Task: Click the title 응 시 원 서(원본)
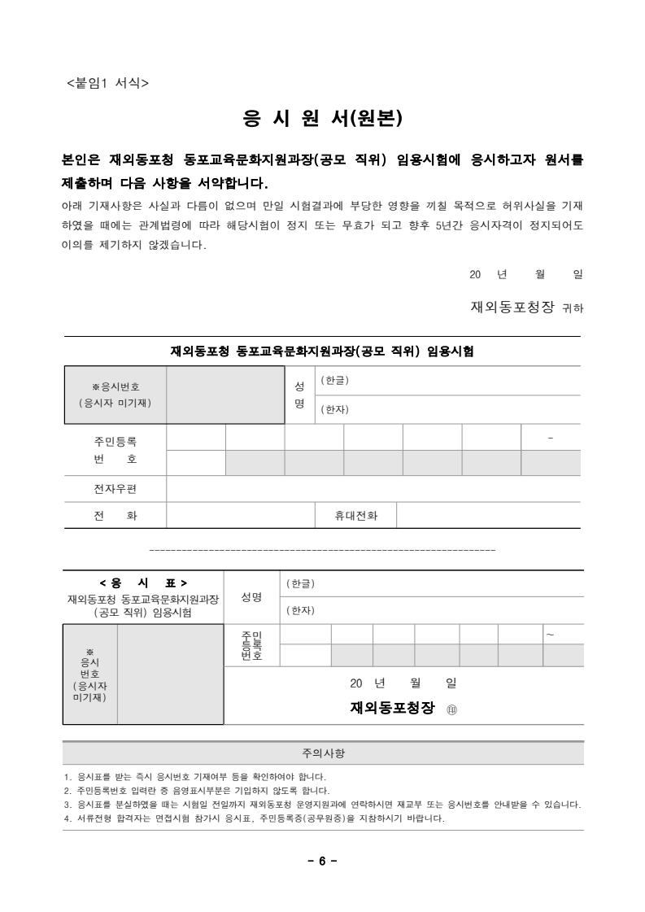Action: [x=323, y=120]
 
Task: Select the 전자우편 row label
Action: [x=115, y=489]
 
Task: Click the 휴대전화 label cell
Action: [x=356, y=516]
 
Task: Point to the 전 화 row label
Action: [x=115, y=516]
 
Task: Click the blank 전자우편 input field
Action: [x=373, y=489]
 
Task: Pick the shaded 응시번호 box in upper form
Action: [x=225, y=395]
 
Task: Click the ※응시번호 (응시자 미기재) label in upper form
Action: [x=115, y=395]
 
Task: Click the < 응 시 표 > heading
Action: [x=143, y=583]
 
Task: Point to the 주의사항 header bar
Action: [x=323, y=753]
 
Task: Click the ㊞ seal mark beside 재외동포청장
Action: [x=453, y=709]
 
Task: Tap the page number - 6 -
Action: [x=322, y=862]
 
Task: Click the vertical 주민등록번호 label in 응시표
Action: [x=251, y=644]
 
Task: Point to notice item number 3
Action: [x=322, y=805]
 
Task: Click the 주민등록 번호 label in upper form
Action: [x=115, y=450]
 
